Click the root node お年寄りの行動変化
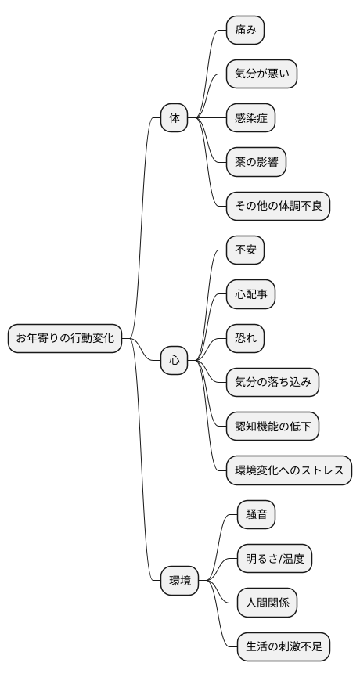tap(65, 338)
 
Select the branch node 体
tap(174, 118)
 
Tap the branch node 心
tap(174, 361)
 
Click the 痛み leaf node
tap(245, 31)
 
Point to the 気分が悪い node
tap(261, 74)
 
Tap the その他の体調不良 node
tap(278, 206)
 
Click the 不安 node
tap(245, 250)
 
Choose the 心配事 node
tap(250, 294)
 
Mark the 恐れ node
tap(245, 338)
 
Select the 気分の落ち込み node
tap(272, 382)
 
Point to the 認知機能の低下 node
tap(272, 427)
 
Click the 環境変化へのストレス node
tap(289, 470)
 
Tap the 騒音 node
tap(256, 515)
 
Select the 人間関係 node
tap(267, 603)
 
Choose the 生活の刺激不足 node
tap(283, 646)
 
